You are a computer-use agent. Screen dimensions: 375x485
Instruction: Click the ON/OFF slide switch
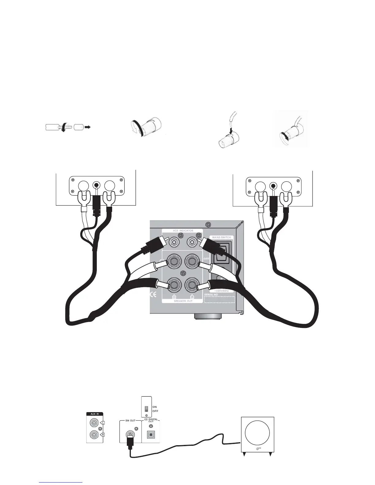point(146,409)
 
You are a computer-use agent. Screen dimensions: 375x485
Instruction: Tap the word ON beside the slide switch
point(155,407)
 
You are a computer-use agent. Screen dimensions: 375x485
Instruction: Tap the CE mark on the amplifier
point(153,295)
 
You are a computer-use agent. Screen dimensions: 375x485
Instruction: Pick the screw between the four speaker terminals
point(183,273)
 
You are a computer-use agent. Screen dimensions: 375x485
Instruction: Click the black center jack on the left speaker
point(97,185)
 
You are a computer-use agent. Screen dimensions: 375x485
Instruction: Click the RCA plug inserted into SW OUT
point(130,441)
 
